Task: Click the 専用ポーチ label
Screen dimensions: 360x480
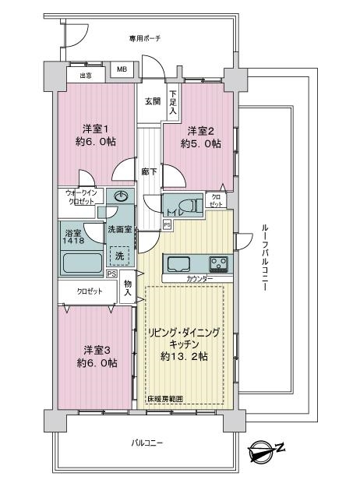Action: coord(144,39)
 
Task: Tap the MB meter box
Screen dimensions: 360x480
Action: coord(122,69)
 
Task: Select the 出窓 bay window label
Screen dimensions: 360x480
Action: coord(86,76)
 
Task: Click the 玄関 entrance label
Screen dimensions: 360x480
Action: coord(153,101)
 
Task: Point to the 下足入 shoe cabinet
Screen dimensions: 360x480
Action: coord(173,102)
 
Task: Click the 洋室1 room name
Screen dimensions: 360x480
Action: coord(96,129)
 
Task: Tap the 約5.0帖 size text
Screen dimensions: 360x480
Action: coord(200,143)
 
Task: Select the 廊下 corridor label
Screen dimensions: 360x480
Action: coord(149,171)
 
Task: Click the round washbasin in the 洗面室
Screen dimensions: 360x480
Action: coord(122,196)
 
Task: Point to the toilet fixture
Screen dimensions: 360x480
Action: coord(192,205)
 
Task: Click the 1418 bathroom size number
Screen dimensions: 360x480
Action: coord(73,240)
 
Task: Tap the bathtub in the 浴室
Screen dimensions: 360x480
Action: coord(82,263)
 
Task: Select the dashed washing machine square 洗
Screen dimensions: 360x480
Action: coord(119,256)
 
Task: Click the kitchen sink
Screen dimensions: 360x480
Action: coord(178,264)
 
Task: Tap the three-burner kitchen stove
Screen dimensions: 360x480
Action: coord(218,264)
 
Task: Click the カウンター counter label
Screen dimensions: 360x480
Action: coord(199,279)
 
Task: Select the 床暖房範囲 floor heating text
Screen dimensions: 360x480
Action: coord(165,399)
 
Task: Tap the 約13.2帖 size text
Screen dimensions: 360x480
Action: coord(184,356)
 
